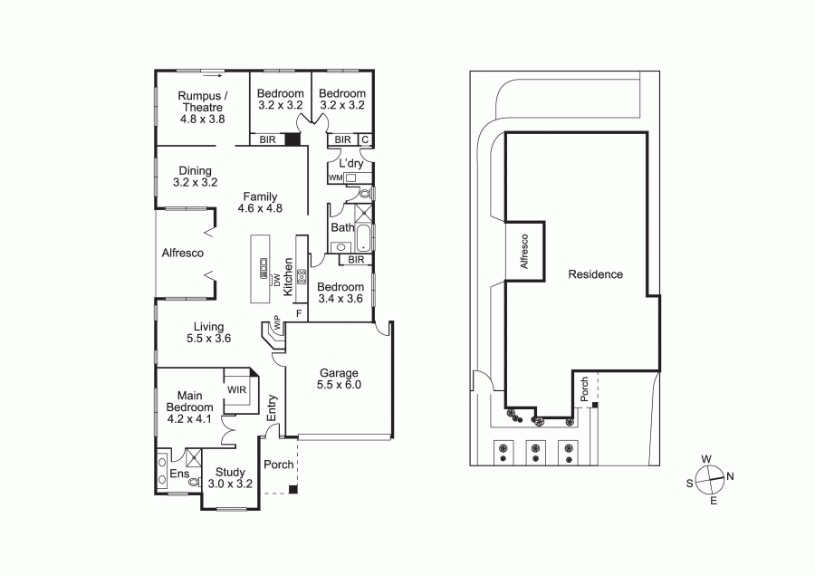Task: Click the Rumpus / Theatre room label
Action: [x=202, y=107]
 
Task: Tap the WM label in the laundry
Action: [x=335, y=177]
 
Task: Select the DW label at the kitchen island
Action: [x=277, y=280]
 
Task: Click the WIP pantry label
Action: [x=276, y=322]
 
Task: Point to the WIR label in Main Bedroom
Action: [x=236, y=389]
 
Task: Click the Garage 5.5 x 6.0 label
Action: [x=339, y=379]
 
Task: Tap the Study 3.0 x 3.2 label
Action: [x=230, y=478]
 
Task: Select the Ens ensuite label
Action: [x=179, y=474]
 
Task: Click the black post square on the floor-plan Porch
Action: [x=293, y=489]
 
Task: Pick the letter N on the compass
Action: [x=730, y=476]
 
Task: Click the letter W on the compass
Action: [x=705, y=459]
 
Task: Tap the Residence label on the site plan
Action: [x=595, y=274]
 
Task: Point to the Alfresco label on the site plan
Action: [x=524, y=251]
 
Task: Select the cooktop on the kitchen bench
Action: [x=302, y=276]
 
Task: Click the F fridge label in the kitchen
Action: [x=299, y=313]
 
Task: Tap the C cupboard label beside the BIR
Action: [x=365, y=139]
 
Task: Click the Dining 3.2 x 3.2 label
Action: [x=195, y=177]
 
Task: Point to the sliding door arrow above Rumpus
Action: [x=213, y=75]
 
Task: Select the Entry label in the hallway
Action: [x=272, y=408]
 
